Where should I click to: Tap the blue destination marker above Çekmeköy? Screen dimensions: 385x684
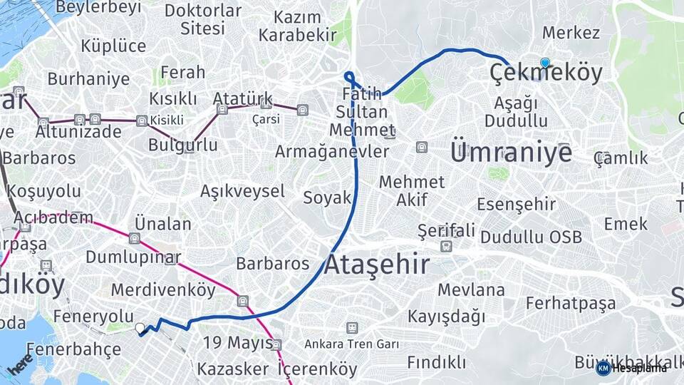tap(545, 63)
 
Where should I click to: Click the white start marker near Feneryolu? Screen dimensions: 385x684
tap(140, 328)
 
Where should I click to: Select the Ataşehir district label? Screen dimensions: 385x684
tap(377, 265)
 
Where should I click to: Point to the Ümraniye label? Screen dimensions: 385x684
tap(510, 153)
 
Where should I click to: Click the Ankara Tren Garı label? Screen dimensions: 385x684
tap(351, 344)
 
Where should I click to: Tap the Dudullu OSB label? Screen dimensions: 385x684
tap(531, 237)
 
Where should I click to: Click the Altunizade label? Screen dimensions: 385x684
tap(78, 132)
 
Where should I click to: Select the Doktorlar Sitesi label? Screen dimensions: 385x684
tap(203, 19)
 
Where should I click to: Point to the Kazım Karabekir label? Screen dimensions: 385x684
tap(297, 26)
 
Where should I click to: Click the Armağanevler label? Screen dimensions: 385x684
tap(332, 152)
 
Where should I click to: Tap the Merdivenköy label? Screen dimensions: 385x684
tap(163, 290)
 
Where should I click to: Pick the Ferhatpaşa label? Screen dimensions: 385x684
tap(571, 303)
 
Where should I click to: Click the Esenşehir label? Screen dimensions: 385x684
tap(517, 205)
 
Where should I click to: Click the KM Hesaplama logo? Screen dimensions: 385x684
tap(631, 368)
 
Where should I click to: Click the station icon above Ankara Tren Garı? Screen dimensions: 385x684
tap(351, 327)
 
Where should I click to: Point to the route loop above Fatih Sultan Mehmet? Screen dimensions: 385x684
tap(349, 76)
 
